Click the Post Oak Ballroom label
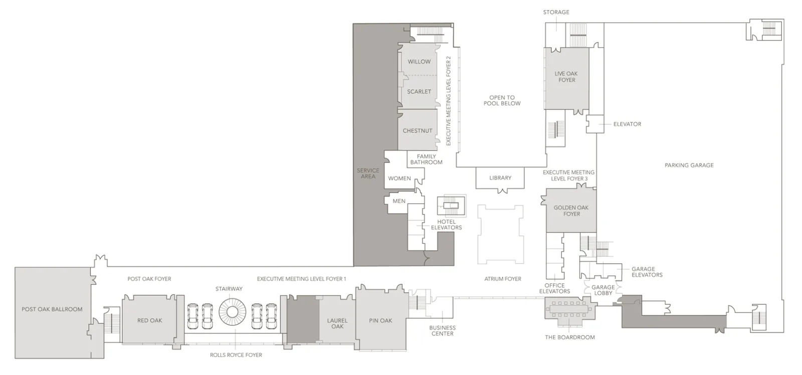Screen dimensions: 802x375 [x=52, y=309]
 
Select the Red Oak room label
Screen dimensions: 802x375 [x=150, y=320]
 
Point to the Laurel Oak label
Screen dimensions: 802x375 [x=337, y=323]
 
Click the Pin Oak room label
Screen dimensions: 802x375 [x=380, y=320]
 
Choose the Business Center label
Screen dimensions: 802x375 [x=443, y=330]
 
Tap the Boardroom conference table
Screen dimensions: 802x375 [x=569, y=309]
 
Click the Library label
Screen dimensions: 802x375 [x=500, y=177]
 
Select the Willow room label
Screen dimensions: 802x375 [x=419, y=62]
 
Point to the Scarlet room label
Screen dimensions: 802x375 [x=419, y=91]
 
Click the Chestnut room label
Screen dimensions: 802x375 [x=418, y=131]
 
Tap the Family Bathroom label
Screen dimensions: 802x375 [x=426, y=159]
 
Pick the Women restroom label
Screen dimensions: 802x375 [x=399, y=178]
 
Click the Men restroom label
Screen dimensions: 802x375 [x=399, y=201]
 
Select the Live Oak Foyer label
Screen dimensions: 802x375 [x=566, y=77]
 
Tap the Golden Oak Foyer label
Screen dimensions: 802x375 [x=571, y=211]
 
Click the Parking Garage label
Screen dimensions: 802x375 [x=689, y=165]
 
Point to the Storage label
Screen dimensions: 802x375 [x=556, y=12]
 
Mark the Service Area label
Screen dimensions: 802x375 [x=368, y=173]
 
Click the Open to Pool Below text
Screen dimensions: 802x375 [x=502, y=100]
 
